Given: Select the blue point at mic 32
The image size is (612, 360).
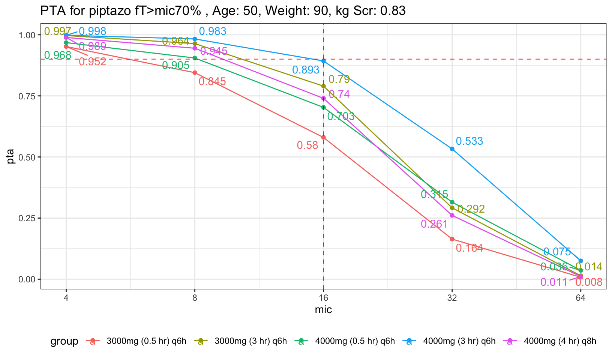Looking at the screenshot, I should [452, 149].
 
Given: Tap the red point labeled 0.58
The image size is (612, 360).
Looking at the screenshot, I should [323, 137].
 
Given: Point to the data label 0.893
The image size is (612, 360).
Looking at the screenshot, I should [306, 70].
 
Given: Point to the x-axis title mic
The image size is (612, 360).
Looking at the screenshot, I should [323, 310].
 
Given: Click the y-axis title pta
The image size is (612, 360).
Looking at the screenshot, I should [11, 157].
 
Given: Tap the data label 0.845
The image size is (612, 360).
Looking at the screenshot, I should [212, 81].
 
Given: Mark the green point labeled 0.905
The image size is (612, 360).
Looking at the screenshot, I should [195, 58].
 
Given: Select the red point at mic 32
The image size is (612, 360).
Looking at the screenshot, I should [452, 239].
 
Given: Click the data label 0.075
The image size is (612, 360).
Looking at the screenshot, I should [557, 252].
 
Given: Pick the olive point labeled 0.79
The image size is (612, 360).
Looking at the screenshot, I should [323, 86].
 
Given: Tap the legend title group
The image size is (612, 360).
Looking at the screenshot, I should [64, 341].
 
